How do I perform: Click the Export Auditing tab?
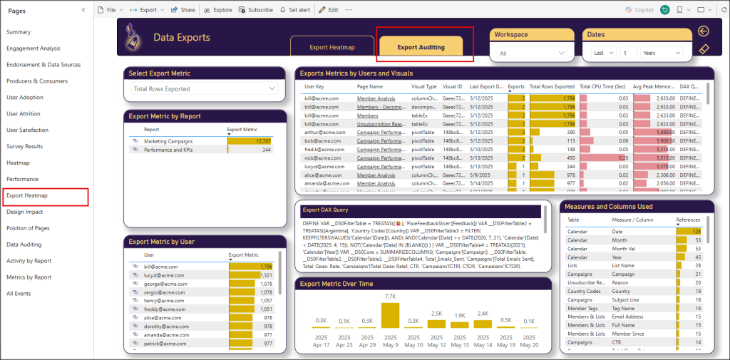pyautogui.click(x=421, y=47)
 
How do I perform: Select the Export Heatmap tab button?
pyautogui.click(x=331, y=48)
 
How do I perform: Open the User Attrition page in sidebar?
pyautogui.click(x=24, y=114)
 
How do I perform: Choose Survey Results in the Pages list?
pyautogui.click(x=24, y=146)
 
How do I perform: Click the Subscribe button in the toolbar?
pyautogui.click(x=256, y=10)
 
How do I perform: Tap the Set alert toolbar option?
pyautogui.click(x=295, y=10)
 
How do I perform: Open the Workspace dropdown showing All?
pyautogui.click(x=532, y=53)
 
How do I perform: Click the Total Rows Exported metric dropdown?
pyautogui.click(x=205, y=88)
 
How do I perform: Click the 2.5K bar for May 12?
pyautogui.click(x=437, y=323)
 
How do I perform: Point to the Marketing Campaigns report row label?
pyautogui.click(x=168, y=141)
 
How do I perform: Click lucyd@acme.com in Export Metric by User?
pyautogui.click(x=160, y=274)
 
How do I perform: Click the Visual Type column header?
pyautogui.click(x=423, y=86)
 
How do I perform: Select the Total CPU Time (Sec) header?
pyautogui.click(x=602, y=86)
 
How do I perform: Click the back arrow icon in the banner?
pyautogui.click(x=704, y=31)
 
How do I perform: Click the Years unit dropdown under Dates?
pyautogui.click(x=662, y=53)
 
